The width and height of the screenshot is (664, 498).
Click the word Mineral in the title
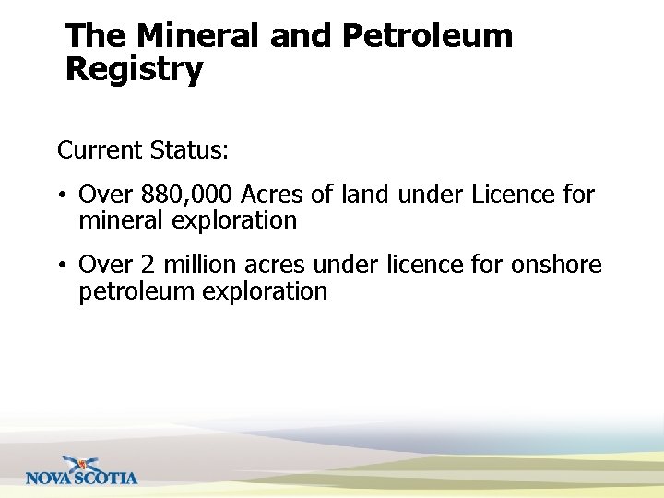click(x=198, y=36)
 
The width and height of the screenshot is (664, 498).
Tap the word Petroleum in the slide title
click(x=427, y=36)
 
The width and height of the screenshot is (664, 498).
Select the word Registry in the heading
click(x=135, y=70)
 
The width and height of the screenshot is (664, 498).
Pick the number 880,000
click(x=186, y=196)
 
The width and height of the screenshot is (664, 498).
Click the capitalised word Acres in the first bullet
click(x=272, y=196)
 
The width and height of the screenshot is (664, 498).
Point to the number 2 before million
click(x=148, y=266)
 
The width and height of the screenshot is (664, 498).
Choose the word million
click(x=198, y=266)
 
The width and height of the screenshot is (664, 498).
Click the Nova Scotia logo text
click(x=81, y=478)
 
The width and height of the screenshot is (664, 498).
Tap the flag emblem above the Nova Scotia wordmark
click(x=81, y=463)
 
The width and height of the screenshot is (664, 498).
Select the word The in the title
click(x=97, y=36)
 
